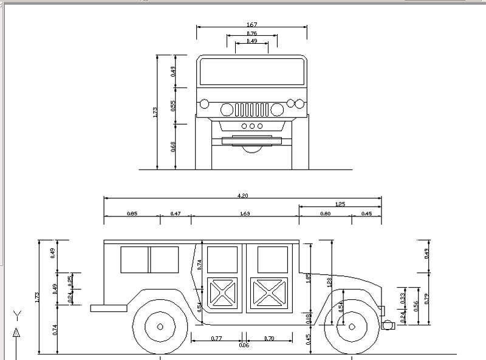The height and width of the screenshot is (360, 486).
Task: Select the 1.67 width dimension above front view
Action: click(252, 24)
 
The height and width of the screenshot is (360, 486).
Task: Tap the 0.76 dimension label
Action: click(252, 33)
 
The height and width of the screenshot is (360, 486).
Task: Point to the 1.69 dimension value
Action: click(245, 213)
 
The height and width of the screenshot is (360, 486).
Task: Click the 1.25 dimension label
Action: click(340, 204)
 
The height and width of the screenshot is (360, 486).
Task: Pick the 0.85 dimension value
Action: click(131, 213)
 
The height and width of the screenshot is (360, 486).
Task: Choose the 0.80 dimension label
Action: click(326, 213)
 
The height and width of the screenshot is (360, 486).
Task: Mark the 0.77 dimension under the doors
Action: click(216, 337)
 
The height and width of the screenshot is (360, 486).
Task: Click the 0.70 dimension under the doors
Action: click(270, 337)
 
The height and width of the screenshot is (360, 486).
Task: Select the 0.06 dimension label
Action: click(244, 345)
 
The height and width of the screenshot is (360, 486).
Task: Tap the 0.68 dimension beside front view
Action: click(174, 146)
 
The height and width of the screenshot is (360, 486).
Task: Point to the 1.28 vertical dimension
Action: click(329, 283)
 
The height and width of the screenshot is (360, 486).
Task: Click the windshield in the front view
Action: click(252, 72)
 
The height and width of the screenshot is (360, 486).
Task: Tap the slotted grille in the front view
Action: click(252, 110)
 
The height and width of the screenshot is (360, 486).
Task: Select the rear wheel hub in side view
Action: click(160, 326)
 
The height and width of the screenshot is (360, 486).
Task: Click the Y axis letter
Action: click(18, 315)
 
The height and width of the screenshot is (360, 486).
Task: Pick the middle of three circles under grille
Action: click(252, 126)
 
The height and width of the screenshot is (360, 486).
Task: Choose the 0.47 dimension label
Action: click(176, 213)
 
